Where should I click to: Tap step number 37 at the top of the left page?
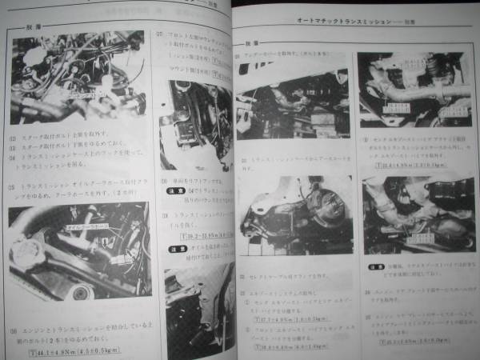(160, 35)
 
